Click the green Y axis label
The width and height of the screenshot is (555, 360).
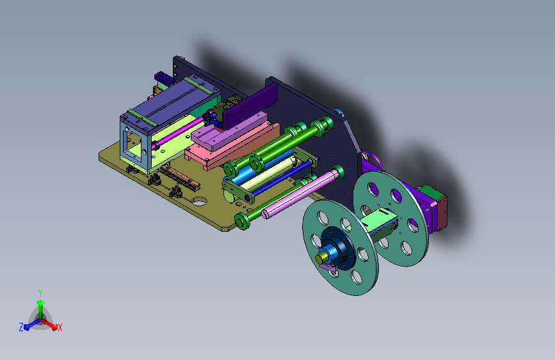40,293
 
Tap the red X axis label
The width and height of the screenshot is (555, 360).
60,328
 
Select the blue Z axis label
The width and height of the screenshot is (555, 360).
21,327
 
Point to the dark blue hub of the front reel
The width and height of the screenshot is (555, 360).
338,245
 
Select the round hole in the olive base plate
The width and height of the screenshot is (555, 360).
199,202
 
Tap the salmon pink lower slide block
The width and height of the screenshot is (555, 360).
232,146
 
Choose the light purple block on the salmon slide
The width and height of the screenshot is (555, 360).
229,131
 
